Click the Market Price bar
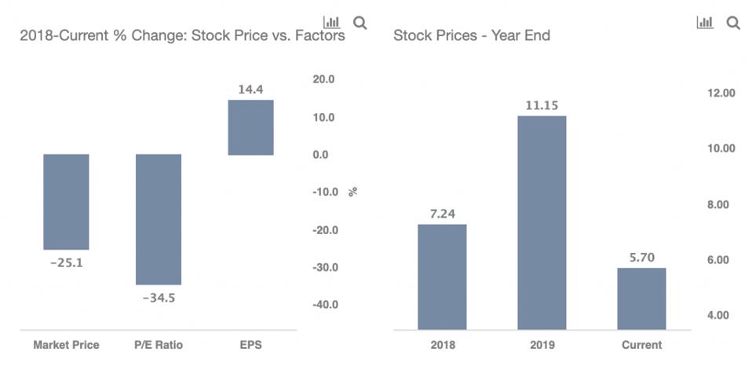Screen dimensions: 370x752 tap(66, 202)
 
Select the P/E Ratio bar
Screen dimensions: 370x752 tap(159, 219)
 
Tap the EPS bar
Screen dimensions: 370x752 tap(250, 127)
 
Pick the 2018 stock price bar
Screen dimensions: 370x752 tap(442, 277)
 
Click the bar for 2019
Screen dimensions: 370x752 tap(542, 222)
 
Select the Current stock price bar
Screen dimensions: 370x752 tap(641, 299)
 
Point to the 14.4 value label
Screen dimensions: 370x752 tap(250, 90)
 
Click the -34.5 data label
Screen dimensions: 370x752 tap(159, 298)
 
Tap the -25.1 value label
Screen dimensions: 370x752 tap(66, 262)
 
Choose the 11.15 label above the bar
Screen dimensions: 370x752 tap(542, 104)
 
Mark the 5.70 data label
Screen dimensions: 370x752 tap(641, 256)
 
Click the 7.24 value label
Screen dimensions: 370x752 tap(442, 213)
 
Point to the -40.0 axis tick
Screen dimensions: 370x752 tap(323, 305)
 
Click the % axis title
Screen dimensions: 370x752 tap(353, 191)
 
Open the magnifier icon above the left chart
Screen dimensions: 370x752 tap(360, 23)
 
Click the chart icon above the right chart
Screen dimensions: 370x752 tap(705, 23)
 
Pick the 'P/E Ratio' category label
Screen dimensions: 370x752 tap(159, 345)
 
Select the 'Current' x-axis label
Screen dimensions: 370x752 tap(641, 345)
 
